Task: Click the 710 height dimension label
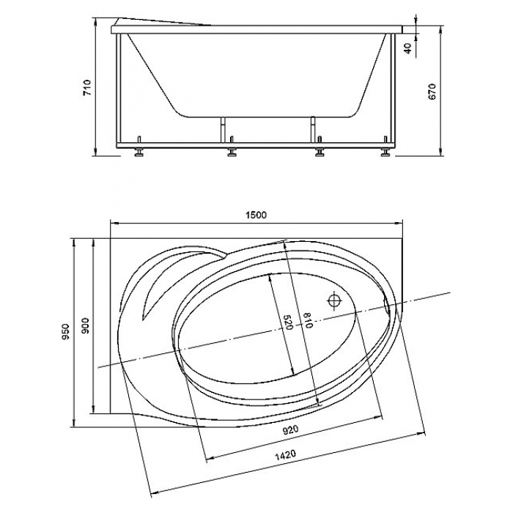(89, 88)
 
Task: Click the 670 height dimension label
(432, 92)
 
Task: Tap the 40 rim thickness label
(407, 49)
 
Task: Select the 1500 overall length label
(256, 215)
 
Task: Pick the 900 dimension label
(85, 325)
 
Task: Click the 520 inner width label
(287, 322)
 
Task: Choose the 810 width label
(309, 320)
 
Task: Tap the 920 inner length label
(290, 430)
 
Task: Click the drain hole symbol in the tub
(334, 300)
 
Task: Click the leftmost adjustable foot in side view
(139, 152)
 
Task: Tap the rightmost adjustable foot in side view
(385, 152)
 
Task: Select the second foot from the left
(232, 152)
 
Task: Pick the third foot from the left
(320, 152)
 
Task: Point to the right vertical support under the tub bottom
(313, 130)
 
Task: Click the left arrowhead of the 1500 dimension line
(114, 224)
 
